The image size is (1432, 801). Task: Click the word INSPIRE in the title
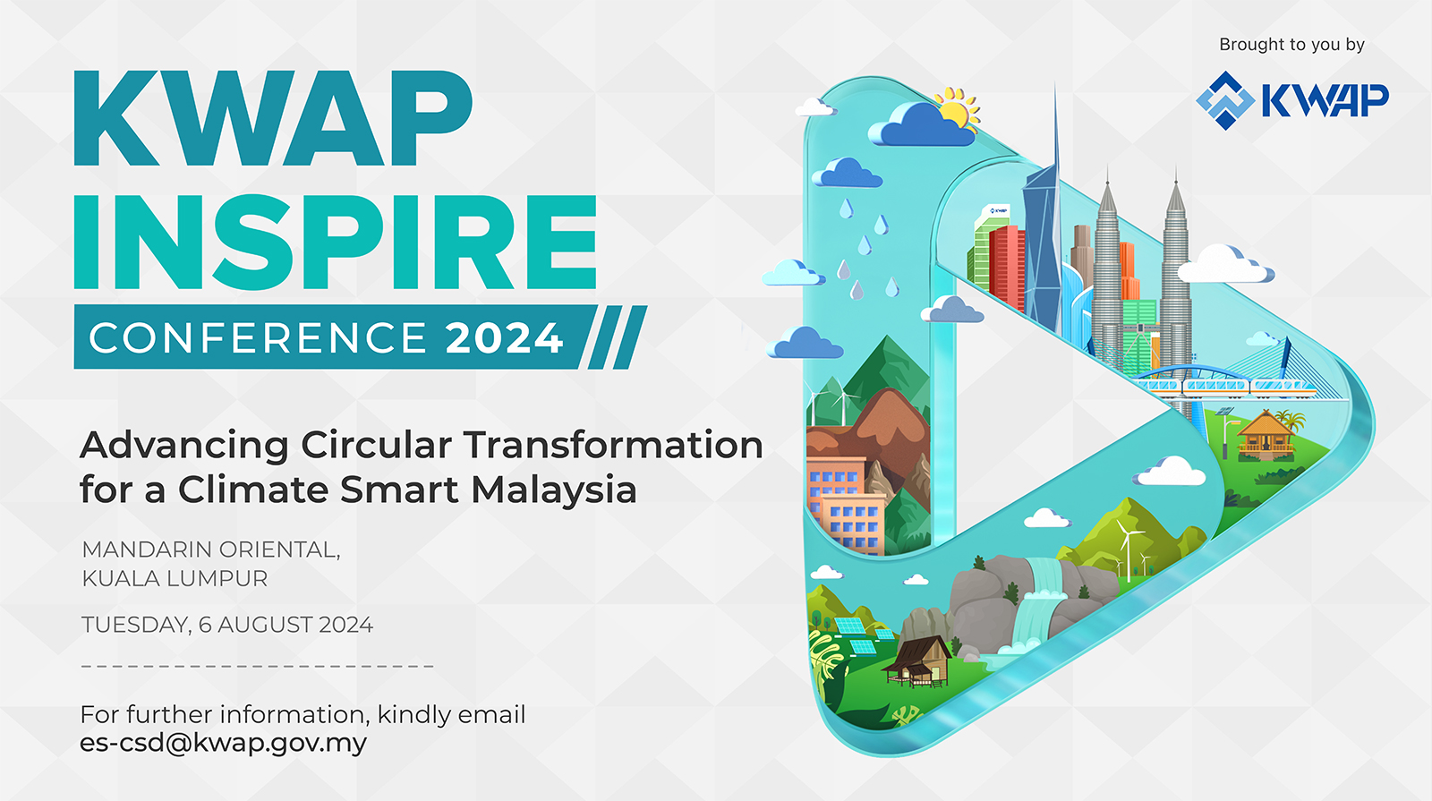pyautogui.click(x=335, y=243)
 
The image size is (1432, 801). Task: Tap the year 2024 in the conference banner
pyautogui.click(x=504, y=338)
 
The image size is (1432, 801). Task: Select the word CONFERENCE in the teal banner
pyautogui.click(x=258, y=338)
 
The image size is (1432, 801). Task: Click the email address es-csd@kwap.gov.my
pyautogui.click(x=223, y=743)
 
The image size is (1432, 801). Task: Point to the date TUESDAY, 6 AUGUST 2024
pyautogui.click(x=227, y=625)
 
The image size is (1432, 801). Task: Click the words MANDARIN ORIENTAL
pyautogui.click(x=210, y=550)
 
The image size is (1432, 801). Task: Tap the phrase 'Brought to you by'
pyautogui.click(x=1291, y=45)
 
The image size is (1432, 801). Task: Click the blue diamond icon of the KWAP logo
pyautogui.click(x=1224, y=100)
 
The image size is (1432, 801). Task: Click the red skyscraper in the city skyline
pyautogui.click(x=1007, y=264)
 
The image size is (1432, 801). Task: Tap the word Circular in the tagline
pyautogui.click(x=376, y=445)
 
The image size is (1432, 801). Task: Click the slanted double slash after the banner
pyautogui.click(x=618, y=337)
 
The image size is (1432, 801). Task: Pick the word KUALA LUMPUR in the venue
pyautogui.click(x=175, y=579)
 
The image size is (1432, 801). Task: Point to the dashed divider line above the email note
pyautogui.click(x=258, y=666)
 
